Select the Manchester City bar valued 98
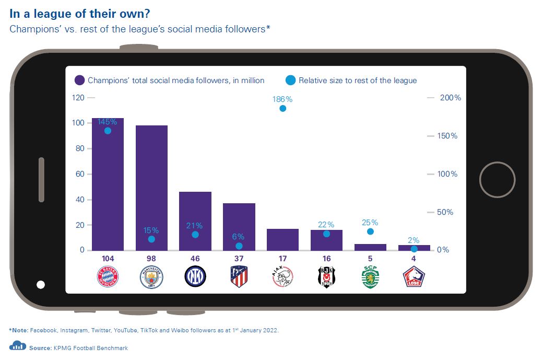coord(151,188)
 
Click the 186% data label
coord(282,98)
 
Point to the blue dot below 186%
coord(282,109)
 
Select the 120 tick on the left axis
coord(78,98)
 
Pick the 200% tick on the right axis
coord(450,98)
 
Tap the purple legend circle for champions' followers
coord(80,80)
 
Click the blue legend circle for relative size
coord(291,80)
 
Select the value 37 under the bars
coord(239,258)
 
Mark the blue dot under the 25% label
coord(370,231)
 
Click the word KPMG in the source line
coord(64,348)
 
